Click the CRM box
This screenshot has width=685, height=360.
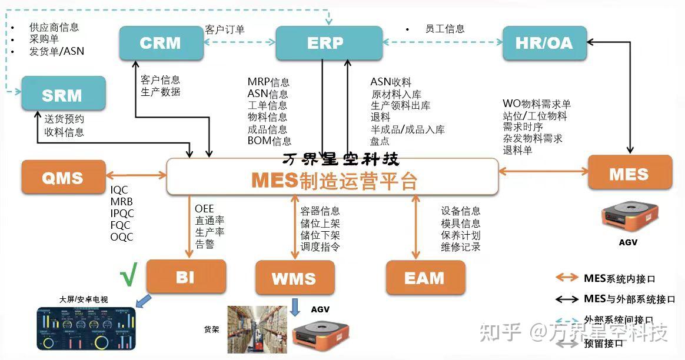(x=161, y=43)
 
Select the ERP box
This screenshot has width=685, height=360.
(x=325, y=43)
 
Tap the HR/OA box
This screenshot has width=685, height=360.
(x=544, y=43)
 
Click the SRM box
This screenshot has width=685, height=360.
(x=63, y=95)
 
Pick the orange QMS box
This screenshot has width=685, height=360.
(x=63, y=177)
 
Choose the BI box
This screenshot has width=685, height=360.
(x=185, y=276)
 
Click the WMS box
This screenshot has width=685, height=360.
(x=294, y=279)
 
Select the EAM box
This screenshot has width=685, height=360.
(x=425, y=278)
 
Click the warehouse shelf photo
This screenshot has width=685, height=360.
(x=257, y=329)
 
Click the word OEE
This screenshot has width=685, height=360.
(x=204, y=209)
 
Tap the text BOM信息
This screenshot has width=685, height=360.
(x=269, y=141)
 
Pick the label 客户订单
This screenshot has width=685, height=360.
(x=225, y=29)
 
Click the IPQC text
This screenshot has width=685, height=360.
(x=122, y=214)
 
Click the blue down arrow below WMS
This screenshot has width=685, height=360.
(x=295, y=306)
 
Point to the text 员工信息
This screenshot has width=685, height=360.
(x=445, y=29)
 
